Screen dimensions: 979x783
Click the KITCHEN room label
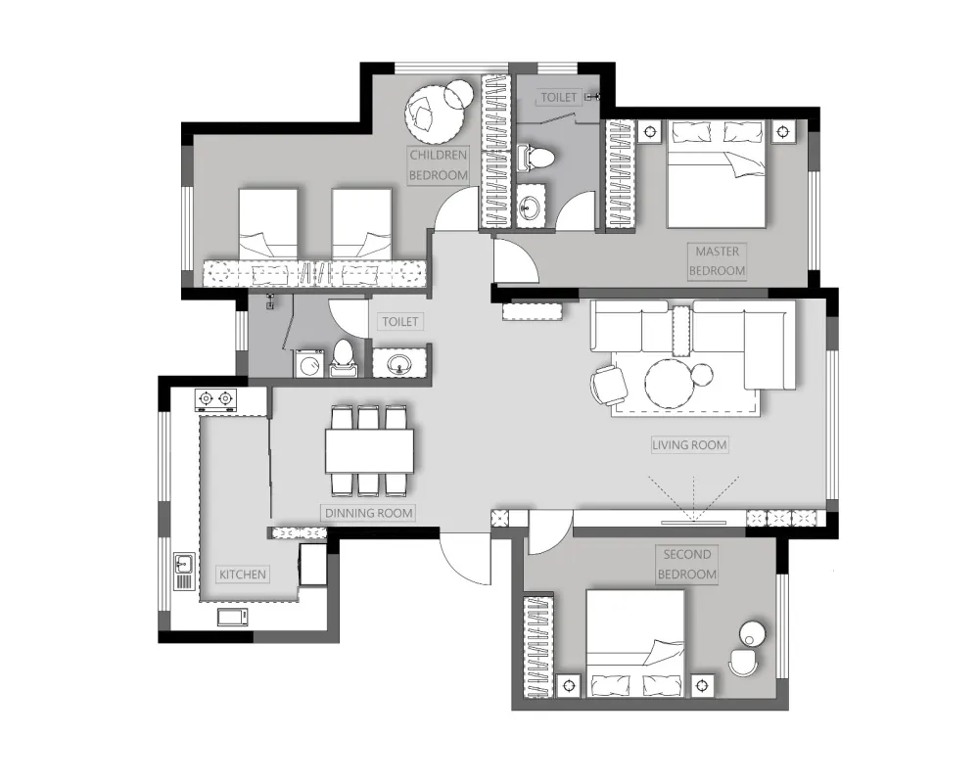pyautogui.click(x=242, y=575)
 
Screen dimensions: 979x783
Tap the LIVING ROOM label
pyautogui.click(x=689, y=445)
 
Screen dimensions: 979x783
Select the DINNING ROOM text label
pyautogui.click(x=368, y=513)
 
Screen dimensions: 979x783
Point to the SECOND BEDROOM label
pyautogui.click(x=687, y=564)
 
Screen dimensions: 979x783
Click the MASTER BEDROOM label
pyautogui.click(x=717, y=261)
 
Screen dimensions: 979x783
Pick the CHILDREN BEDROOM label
pyautogui.click(x=439, y=164)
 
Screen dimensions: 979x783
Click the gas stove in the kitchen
pyautogui.click(x=216, y=399)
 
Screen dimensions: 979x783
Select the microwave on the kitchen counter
pyautogui.click(x=232, y=617)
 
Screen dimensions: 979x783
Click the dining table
pyautogui.click(x=369, y=450)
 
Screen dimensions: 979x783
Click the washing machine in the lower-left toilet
pyautogui.click(x=309, y=363)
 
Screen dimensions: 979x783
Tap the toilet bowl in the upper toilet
pyautogui.click(x=535, y=157)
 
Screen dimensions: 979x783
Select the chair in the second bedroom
pyautogui.click(x=744, y=663)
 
